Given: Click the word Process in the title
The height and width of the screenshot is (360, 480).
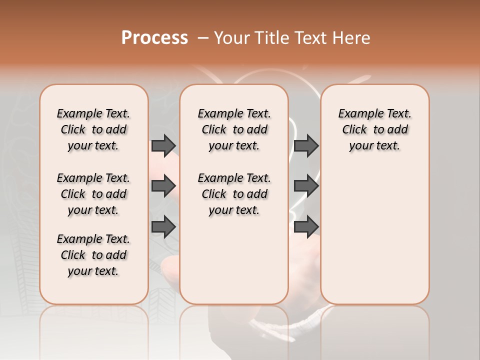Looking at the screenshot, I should click(154, 38).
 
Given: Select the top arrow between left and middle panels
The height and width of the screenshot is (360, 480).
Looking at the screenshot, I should click(163, 145).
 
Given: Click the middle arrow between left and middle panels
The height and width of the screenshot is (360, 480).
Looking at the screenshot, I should click(163, 186).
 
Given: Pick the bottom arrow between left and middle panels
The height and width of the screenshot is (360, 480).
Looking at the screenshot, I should click(163, 227).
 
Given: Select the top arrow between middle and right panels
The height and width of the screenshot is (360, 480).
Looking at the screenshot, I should click(306, 145).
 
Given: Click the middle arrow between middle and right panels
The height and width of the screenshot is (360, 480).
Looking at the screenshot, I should click(306, 186).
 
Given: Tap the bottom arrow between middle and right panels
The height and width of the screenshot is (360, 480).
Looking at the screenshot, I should click(306, 227).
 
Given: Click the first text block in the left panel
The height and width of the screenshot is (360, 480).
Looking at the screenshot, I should click(93, 129).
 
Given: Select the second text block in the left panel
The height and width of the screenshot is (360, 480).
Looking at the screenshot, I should click(93, 194).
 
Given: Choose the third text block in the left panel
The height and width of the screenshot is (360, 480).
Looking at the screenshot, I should click(93, 255).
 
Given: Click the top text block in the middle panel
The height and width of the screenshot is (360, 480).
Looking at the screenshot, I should click(234, 129).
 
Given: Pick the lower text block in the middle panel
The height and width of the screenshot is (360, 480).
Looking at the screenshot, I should click(234, 194).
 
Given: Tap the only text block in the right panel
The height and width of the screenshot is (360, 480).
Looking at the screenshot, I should click(374, 129).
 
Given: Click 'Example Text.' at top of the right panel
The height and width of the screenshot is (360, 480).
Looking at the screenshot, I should click(374, 114).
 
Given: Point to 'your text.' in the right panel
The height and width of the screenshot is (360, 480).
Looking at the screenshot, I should click(374, 146).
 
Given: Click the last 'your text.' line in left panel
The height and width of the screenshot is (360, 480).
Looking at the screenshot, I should click(93, 271).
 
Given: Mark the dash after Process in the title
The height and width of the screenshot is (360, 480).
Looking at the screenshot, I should click(203, 38).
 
